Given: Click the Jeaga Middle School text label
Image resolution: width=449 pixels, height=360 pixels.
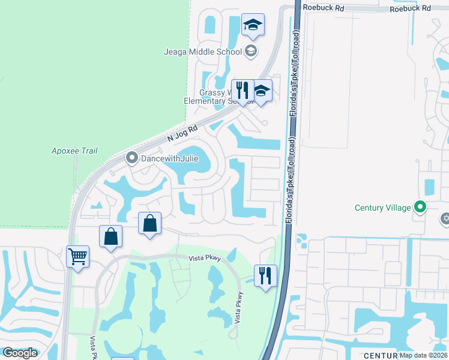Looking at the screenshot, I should [202, 52].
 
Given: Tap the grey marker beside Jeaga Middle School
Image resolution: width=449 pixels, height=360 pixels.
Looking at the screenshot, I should [250, 51].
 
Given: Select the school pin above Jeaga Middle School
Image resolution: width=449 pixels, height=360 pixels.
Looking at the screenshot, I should [253, 26].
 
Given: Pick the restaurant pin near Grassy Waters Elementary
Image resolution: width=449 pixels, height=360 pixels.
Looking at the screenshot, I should [243, 91].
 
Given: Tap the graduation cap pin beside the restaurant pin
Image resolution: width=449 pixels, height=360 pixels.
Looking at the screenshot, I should [261, 91].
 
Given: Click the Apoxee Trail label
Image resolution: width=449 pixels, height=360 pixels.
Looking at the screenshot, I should [74, 151].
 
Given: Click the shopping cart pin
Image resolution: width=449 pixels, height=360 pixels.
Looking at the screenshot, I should [78, 257].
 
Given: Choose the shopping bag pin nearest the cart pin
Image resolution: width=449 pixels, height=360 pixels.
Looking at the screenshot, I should [111, 236].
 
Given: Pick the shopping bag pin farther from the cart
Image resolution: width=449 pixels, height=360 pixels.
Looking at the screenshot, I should [150, 224].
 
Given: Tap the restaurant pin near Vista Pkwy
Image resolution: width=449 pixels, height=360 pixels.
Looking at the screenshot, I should [265, 277].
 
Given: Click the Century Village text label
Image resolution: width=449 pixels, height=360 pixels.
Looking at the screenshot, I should [382, 208].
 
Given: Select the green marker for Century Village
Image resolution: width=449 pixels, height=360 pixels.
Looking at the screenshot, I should [420, 208].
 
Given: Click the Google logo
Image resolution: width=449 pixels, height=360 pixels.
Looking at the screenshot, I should [20, 353].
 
